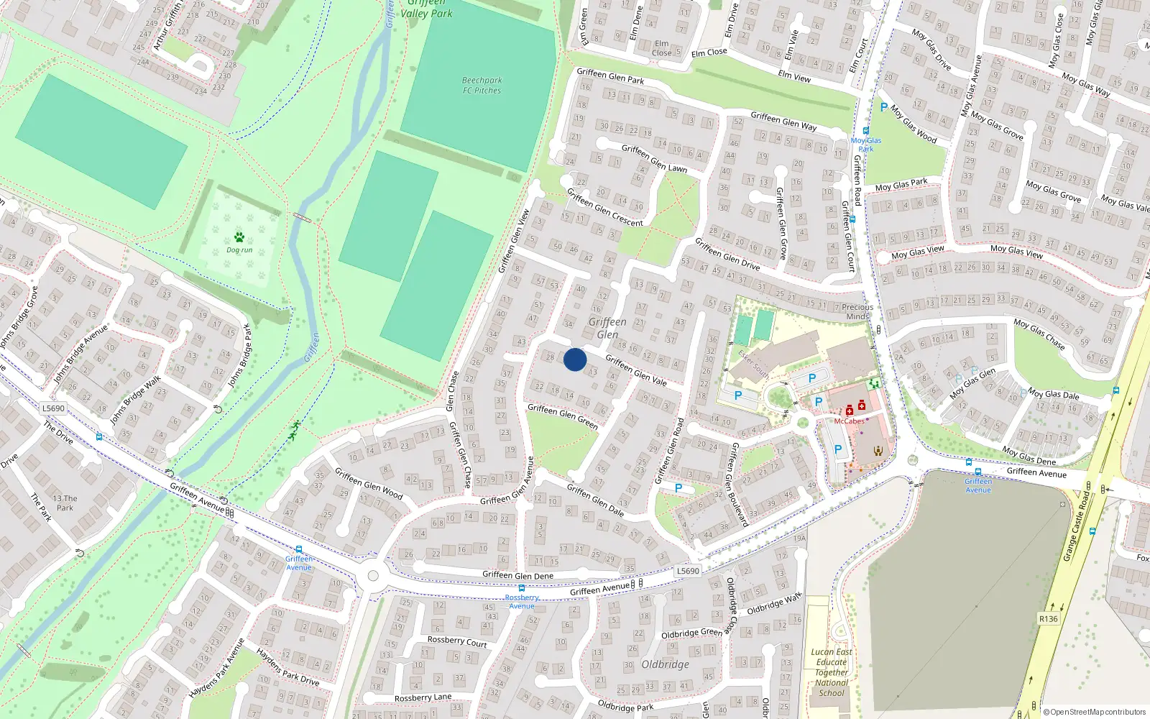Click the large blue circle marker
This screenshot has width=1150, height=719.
pos(575,359)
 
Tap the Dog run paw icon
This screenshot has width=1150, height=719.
pos(239,237)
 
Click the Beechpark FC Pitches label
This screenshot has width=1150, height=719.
pos(482,86)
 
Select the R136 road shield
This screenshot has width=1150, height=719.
pos(1049,618)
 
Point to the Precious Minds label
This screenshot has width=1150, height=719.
pos(857,311)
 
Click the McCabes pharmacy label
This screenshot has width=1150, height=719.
pos(849,421)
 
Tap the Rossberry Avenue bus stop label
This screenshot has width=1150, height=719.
pos(522,602)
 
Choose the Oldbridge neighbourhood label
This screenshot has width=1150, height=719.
pos(665,664)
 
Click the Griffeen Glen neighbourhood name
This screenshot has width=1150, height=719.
pos(607,328)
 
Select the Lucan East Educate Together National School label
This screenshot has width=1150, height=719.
pos(832,672)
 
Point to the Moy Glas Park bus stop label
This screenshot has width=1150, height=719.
pos(865,145)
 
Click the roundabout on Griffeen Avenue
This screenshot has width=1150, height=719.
pos(372,575)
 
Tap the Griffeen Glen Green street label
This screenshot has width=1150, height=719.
pos(562,416)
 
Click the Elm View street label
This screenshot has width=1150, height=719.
pos(794,75)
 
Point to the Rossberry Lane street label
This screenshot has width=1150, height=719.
pos(423,697)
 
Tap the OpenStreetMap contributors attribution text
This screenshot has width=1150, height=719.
pos(1095,712)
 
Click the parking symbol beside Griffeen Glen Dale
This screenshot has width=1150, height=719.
pos(678,487)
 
